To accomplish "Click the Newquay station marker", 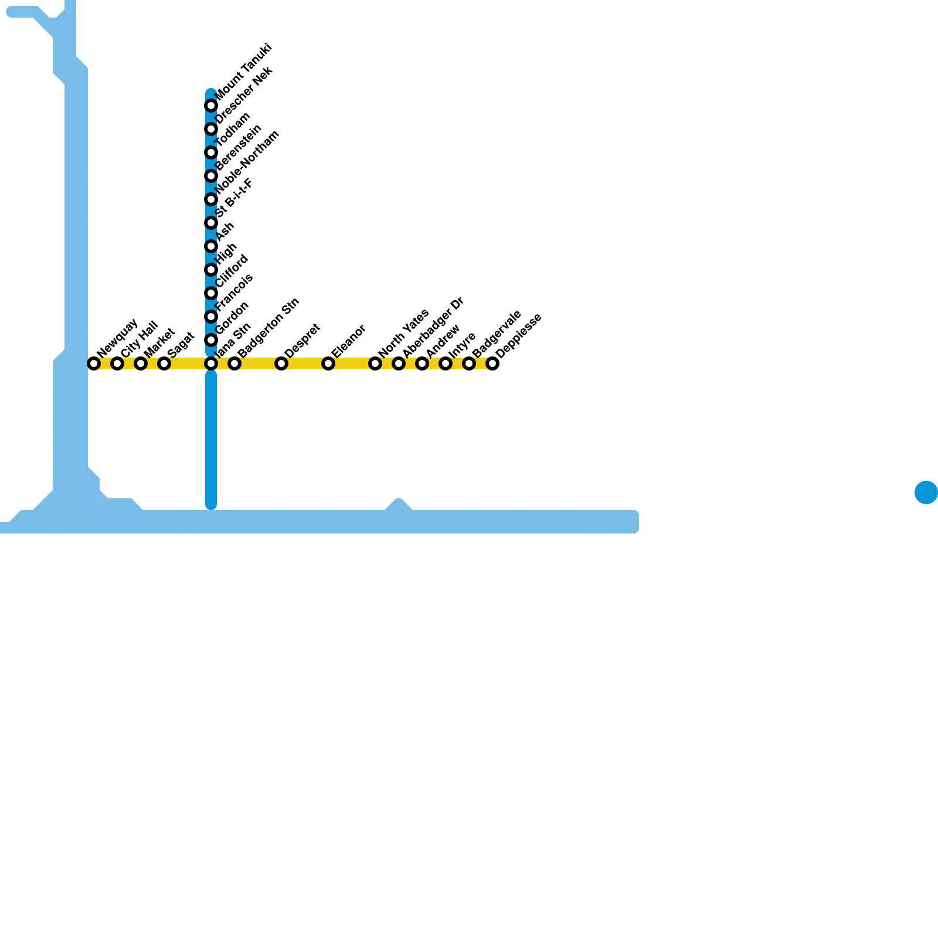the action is click(x=94, y=363).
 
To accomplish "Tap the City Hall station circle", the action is click(x=117, y=363).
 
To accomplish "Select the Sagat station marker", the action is click(x=164, y=363).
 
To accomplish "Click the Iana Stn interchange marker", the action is click(x=211, y=363).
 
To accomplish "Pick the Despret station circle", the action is click(x=281, y=363).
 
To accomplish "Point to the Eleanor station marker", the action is click(x=328, y=363).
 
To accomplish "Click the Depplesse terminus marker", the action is click(x=492, y=363).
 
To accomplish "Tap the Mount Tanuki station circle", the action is click(x=211, y=106).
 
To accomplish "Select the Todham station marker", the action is click(x=211, y=152).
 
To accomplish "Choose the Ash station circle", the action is click(x=211, y=246).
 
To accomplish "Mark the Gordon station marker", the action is click(x=211, y=340).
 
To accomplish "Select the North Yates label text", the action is click(x=404, y=332).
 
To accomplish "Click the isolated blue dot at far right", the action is click(x=926, y=492).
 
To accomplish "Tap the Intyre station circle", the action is click(x=446, y=363).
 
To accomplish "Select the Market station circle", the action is click(x=141, y=363).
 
